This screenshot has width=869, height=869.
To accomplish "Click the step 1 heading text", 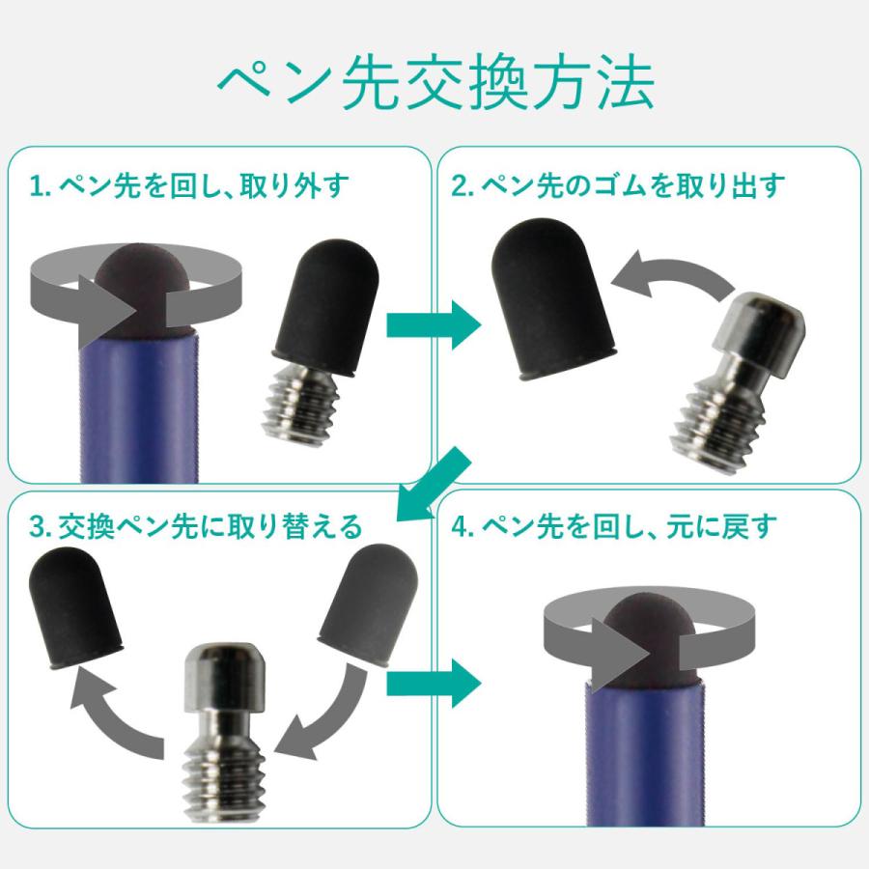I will (188, 185).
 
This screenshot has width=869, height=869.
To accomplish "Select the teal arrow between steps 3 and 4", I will (433, 681).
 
